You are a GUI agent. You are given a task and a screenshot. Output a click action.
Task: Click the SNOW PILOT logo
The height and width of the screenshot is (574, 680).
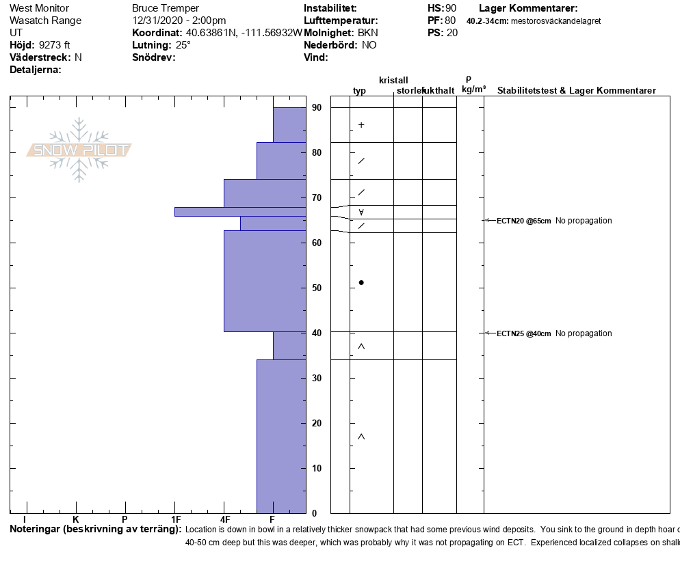[79, 150]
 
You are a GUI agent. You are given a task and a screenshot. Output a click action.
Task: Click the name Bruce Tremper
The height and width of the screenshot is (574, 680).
[165, 8]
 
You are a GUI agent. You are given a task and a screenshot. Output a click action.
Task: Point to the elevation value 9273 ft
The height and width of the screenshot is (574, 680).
[55, 45]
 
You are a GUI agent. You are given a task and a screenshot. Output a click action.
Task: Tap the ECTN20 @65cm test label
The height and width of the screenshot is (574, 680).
[523, 221]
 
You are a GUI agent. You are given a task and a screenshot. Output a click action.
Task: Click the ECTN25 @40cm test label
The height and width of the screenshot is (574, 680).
[523, 333]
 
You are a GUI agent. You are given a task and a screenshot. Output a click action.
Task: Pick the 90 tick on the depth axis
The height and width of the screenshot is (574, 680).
[317, 107]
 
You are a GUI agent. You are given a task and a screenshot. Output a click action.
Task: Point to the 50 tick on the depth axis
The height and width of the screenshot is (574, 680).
[317, 288]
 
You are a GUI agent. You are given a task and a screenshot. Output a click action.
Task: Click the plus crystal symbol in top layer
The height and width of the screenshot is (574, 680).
[361, 125]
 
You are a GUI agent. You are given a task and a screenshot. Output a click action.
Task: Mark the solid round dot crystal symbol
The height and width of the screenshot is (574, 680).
[361, 282]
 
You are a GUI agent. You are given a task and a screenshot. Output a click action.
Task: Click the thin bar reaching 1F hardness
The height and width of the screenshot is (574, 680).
[239, 211]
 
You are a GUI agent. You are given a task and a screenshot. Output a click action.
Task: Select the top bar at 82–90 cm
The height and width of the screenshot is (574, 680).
[289, 124]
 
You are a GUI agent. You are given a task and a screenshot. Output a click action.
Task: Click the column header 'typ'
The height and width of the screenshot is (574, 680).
[359, 91]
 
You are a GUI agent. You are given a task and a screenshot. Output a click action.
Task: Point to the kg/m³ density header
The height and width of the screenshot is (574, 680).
[473, 90]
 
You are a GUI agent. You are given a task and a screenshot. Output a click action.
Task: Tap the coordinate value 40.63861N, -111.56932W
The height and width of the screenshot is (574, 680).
[244, 33]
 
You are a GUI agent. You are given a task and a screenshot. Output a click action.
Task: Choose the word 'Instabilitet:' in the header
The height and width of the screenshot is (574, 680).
[330, 8]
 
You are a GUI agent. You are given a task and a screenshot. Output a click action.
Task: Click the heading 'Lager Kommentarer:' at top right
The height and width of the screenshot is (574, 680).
[528, 8]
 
